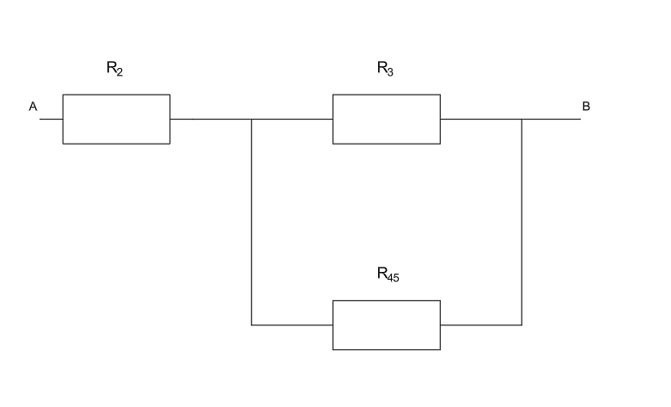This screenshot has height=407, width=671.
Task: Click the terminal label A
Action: point(33,107)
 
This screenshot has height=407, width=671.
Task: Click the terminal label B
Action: point(586,107)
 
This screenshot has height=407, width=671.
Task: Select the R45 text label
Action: point(387,274)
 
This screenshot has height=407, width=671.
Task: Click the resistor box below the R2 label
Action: point(116,119)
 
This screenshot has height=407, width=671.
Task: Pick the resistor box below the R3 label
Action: point(387,119)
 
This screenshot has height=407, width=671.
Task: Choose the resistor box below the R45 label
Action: point(387,324)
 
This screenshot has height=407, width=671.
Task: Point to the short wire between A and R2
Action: point(52,119)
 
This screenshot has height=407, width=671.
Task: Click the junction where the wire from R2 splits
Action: point(251,119)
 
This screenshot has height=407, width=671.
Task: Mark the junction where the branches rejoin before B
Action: point(522,119)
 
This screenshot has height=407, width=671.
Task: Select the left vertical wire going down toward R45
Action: point(251,222)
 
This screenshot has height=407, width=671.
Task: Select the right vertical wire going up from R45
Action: point(522,222)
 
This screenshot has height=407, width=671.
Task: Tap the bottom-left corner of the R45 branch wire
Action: point(251,324)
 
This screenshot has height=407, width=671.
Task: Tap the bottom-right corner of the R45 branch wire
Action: point(522,324)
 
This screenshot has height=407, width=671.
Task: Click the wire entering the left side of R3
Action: point(292,119)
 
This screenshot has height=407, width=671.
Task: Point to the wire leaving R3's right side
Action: point(481,119)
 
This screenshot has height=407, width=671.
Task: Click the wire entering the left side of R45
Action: point(292,324)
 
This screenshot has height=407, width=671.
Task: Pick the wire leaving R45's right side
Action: point(481,324)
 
